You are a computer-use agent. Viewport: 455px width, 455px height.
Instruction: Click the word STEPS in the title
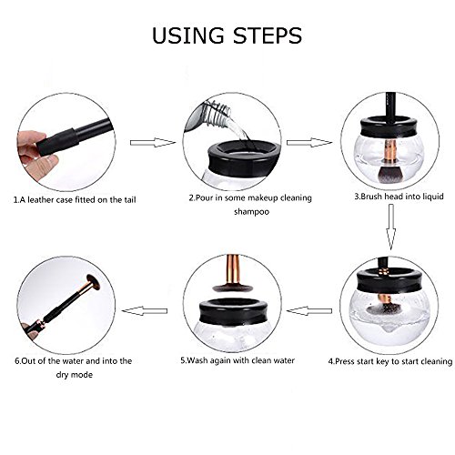point(268,35)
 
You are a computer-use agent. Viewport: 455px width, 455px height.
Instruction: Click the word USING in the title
point(188,35)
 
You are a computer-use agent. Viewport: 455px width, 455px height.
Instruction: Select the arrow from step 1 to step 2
point(153,143)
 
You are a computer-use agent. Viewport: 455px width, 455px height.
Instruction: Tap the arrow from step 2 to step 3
point(309,143)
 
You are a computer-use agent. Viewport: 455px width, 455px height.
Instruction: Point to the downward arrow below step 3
point(391,227)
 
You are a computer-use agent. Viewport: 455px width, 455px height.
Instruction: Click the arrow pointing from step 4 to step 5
point(309,310)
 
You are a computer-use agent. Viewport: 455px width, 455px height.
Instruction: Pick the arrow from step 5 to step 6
point(145,310)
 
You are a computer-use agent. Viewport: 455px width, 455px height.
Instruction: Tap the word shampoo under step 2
point(251,212)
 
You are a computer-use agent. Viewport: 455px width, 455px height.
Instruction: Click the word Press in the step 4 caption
point(345,361)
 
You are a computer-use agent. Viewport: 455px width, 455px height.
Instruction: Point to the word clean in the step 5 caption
point(262,360)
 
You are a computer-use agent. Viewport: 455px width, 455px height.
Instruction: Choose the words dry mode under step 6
point(74,375)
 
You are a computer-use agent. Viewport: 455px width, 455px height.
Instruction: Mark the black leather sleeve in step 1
point(57,142)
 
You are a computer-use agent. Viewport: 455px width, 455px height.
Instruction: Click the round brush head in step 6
point(95,282)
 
